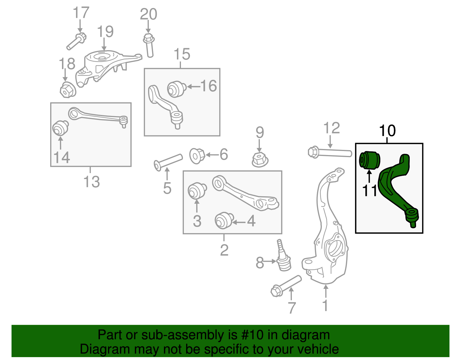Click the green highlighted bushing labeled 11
coord(370,160)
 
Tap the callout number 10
coord(387,131)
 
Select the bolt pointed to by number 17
coord(76,42)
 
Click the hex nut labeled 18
coord(68,90)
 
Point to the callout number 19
coord(105,31)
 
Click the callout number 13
coord(91,182)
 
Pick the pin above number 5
coord(168,162)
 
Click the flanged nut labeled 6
coord(197,156)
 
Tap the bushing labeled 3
coord(197,191)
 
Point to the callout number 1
coord(325,306)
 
